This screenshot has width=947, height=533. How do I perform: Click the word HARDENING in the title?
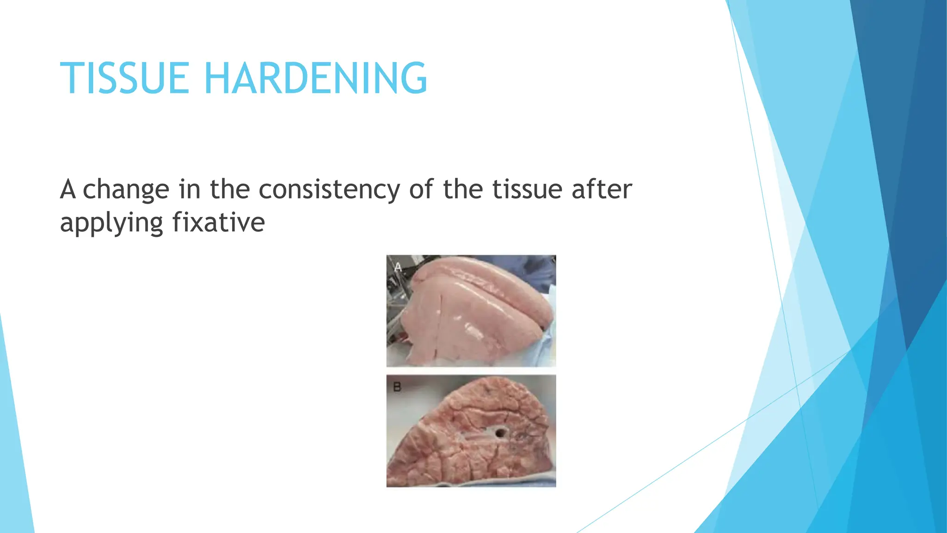(315, 79)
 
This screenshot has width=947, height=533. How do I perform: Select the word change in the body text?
(126, 190)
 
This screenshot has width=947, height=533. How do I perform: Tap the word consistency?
(329, 190)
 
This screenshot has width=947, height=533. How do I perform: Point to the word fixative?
(218, 223)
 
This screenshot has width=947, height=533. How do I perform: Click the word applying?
(111, 223)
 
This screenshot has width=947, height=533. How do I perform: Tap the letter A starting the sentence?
(68, 189)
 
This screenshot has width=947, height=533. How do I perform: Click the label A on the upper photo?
(398, 267)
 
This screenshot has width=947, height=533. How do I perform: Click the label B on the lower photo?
(397, 387)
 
